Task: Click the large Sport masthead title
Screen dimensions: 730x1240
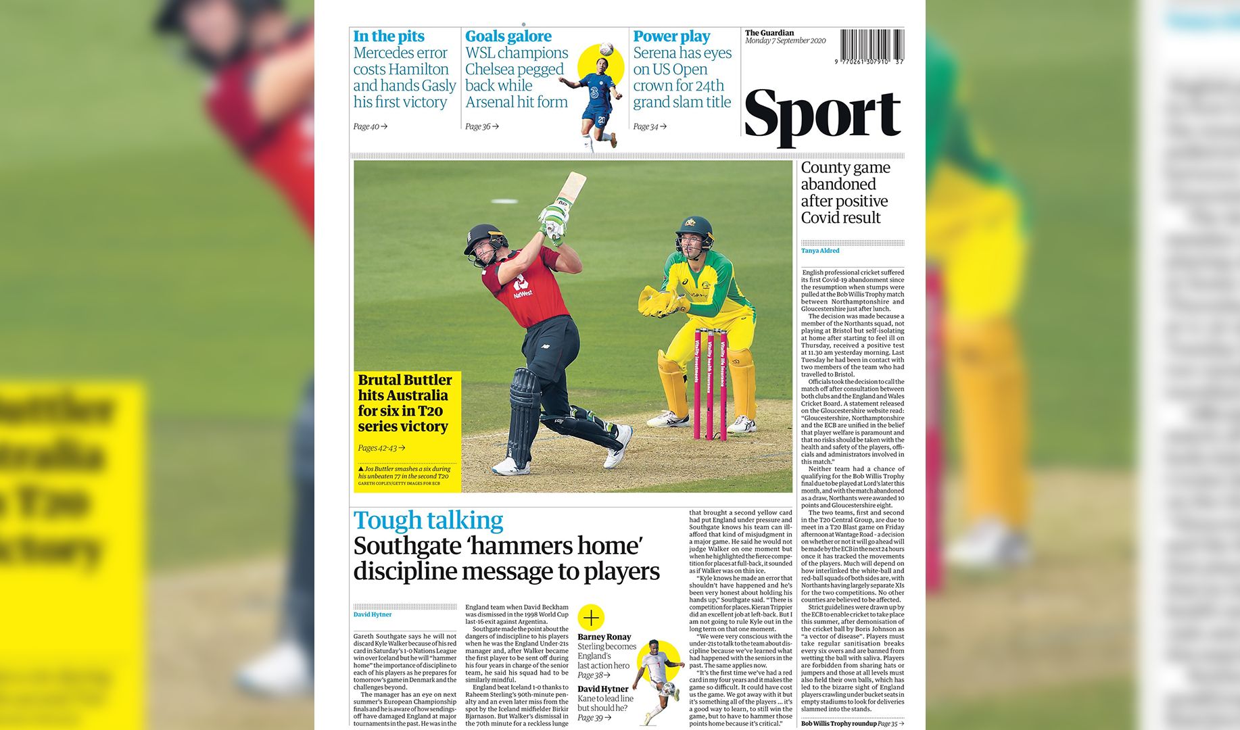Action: tap(822, 116)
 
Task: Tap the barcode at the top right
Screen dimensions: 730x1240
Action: tap(872, 46)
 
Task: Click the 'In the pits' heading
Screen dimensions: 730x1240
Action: tap(389, 36)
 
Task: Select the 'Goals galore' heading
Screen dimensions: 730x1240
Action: tap(508, 36)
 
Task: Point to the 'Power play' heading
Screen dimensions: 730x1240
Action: tap(671, 36)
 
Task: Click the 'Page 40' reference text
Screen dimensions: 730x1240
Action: tap(370, 126)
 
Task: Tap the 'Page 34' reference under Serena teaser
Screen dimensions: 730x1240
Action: tap(649, 126)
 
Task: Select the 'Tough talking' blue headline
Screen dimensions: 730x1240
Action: tap(428, 520)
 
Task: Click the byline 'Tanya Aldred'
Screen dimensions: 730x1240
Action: tap(820, 251)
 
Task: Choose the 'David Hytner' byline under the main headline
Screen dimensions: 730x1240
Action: tap(373, 614)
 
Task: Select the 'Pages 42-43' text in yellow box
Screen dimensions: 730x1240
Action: tap(381, 447)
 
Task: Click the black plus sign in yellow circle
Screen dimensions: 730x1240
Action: tap(591, 617)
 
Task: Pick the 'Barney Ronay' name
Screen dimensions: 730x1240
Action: tap(604, 637)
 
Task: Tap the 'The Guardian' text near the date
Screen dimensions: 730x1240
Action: tap(769, 32)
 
